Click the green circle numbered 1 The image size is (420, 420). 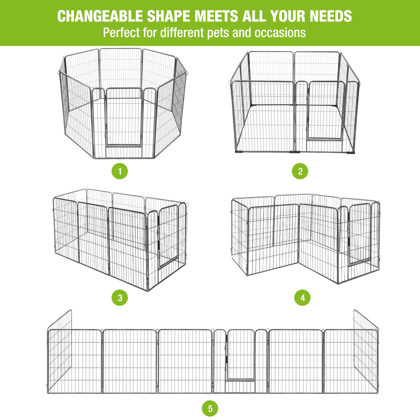point(120,171)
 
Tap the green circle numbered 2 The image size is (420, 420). point(300,171)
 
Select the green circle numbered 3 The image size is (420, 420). point(120,298)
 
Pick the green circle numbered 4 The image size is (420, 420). point(302,298)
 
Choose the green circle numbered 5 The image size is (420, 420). point(210,408)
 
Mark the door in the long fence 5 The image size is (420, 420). point(240,354)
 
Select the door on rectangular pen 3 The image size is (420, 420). point(168,236)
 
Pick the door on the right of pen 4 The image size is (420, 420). point(360,234)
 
